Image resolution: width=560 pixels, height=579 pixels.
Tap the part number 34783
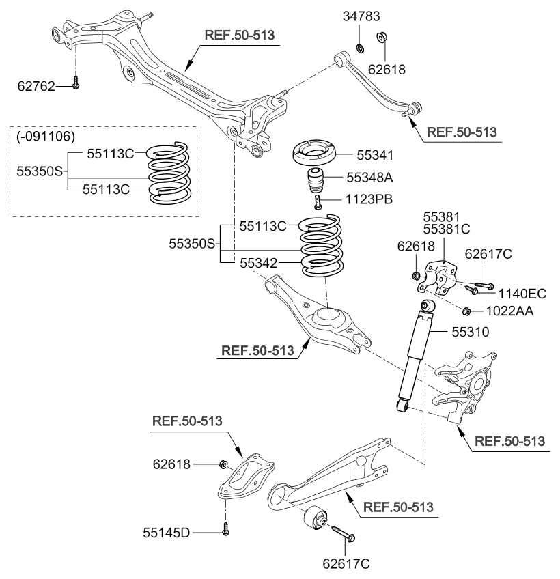tap(361, 16)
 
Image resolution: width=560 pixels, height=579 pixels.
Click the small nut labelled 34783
tap(361, 48)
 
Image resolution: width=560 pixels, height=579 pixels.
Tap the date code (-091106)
tap(45, 136)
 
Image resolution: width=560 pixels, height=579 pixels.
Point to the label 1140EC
tap(522, 294)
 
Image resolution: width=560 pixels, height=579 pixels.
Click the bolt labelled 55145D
tap(225, 528)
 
